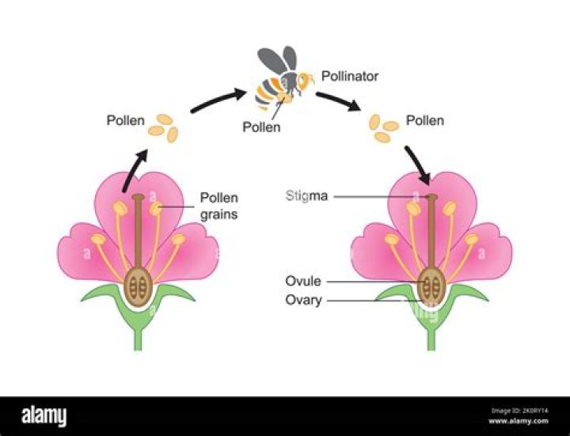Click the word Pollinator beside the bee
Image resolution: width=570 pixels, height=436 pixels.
click(x=350, y=77)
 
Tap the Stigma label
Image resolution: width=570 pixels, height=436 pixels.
click(x=306, y=195)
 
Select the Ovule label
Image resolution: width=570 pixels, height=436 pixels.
click(x=302, y=281)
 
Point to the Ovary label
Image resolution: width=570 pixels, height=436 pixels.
click(x=303, y=301)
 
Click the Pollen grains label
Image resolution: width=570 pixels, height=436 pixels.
click(x=218, y=205)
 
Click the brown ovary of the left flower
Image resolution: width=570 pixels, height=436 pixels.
click(x=139, y=286)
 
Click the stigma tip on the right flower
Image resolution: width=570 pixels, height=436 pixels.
click(x=431, y=195)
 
